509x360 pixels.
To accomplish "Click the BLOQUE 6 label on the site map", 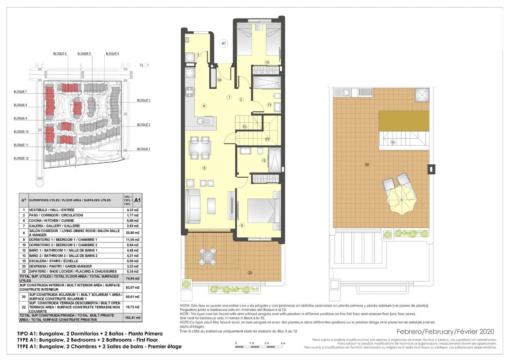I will [60, 54].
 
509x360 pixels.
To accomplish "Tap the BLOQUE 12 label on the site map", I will [21, 158].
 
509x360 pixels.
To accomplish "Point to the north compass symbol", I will [146, 65].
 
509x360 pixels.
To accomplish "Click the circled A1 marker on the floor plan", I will [224, 43].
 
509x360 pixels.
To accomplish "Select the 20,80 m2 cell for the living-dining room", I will [132, 233].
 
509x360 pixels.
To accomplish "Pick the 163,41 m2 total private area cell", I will [132, 317].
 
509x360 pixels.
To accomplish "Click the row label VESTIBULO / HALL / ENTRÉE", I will [52, 210].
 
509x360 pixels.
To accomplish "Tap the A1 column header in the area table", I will [137, 200].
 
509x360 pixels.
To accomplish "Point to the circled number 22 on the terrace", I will [250, 272].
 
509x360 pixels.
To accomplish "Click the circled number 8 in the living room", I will [204, 168].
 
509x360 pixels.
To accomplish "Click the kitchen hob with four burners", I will [190, 92].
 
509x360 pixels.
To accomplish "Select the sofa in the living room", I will [193, 206].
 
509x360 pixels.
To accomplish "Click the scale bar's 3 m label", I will [283, 343].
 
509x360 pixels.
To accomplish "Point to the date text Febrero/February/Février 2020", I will [445, 332].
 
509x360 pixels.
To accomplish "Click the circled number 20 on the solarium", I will [367, 165].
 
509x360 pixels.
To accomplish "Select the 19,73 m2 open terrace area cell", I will [132, 307].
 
